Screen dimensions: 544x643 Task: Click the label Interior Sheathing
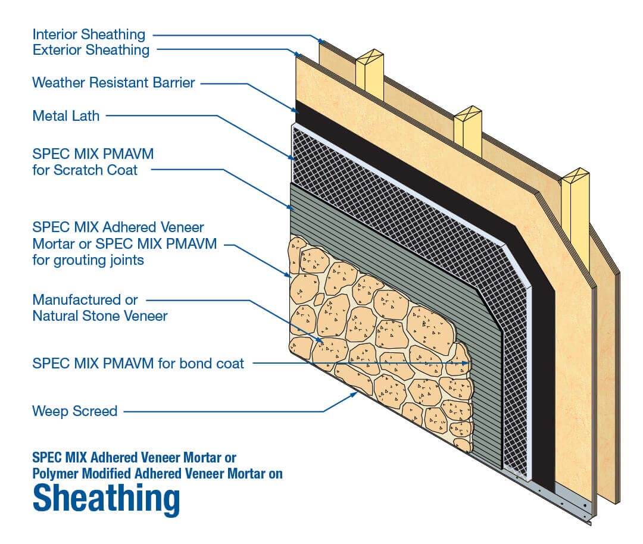click(89, 34)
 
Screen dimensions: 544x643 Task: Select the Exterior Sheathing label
click(90, 50)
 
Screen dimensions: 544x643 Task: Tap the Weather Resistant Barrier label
click(113, 83)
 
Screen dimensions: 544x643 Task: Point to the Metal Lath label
click(65, 115)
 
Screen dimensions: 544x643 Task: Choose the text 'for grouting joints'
click(88, 260)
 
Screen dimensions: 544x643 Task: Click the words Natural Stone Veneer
click(100, 315)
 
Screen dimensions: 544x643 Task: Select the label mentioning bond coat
click(138, 363)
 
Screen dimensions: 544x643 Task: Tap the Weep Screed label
click(74, 411)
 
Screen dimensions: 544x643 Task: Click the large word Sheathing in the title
click(106, 500)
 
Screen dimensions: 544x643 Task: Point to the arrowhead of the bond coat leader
click(468, 362)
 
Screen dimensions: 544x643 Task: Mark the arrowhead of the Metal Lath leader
click(293, 158)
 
